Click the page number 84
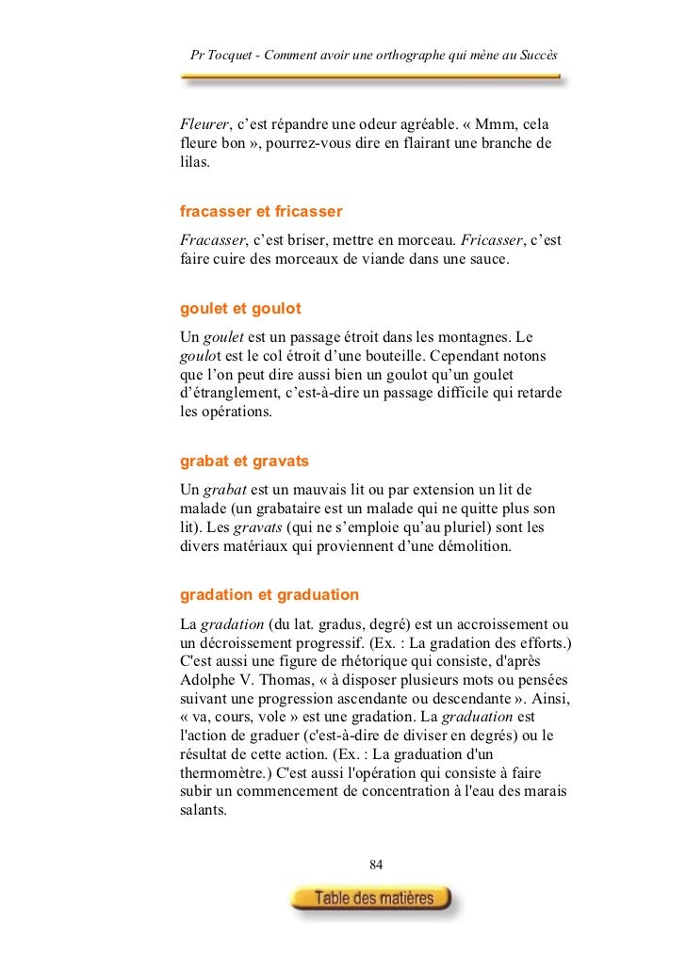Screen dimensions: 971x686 377,865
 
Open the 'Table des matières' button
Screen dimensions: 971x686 374,898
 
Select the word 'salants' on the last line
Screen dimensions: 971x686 203,815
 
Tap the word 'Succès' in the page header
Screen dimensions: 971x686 538,56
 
